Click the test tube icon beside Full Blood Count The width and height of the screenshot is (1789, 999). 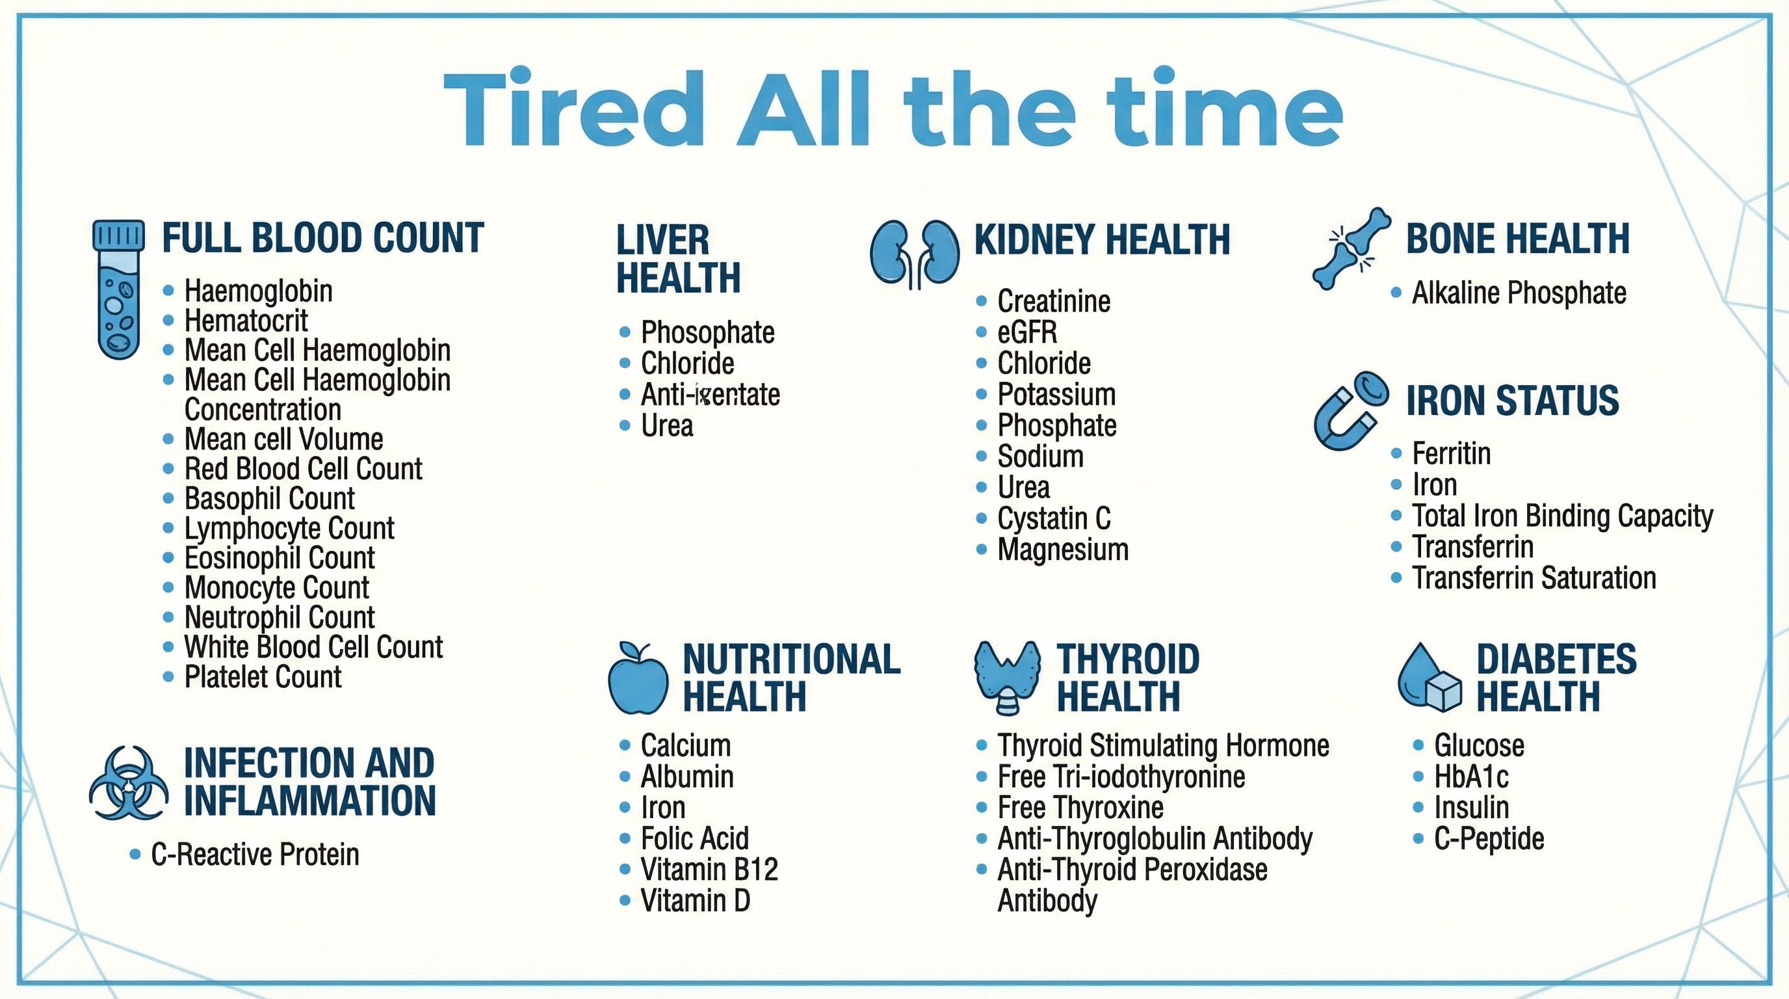pyautogui.click(x=119, y=289)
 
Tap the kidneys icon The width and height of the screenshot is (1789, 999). pyautogui.click(x=915, y=255)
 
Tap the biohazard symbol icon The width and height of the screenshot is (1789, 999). pyautogui.click(x=129, y=783)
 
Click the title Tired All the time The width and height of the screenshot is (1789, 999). pyautogui.click(x=893, y=108)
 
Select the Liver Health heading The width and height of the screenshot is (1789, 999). pyautogui.click(x=678, y=258)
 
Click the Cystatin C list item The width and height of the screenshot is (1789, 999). pyautogui.click(x=1054, y=518)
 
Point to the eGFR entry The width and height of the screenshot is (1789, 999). pyautogui.click(x=1027, y=332)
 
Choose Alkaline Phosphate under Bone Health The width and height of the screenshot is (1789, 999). pyautogui.click(x=1519, y=293)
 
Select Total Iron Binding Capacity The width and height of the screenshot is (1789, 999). pyautogui.click(x=1562, y=516)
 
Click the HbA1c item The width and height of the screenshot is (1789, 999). pyautogui.click(x=1471, y=777)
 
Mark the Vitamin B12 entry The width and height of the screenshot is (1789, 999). pyautogui.click(x=709, y=870)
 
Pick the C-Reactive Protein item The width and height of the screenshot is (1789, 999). pyautogui.click(x=255, y=855)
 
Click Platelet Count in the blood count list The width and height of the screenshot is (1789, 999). pyautogui.click(x=263, y=676)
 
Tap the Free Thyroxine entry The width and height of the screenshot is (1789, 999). pyautogui.click(x=1080, y=808)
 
